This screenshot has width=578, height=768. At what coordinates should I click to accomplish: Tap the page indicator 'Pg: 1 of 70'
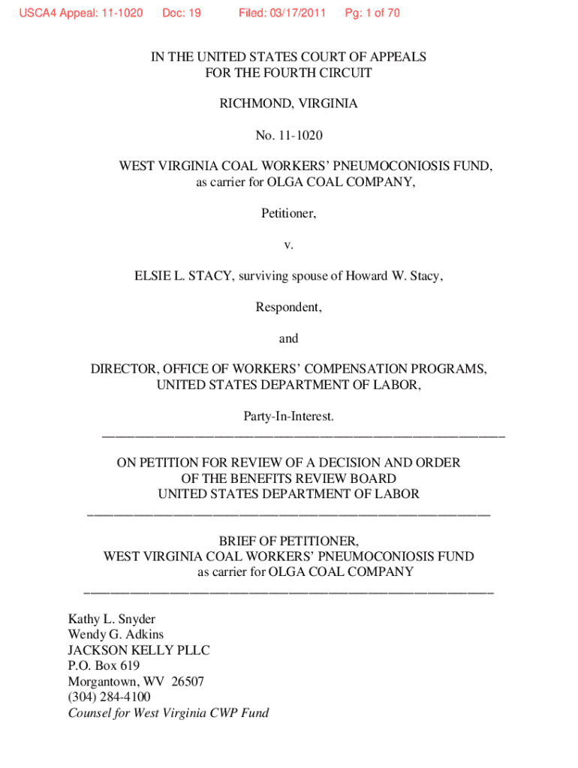pyautogui.click(x=372, y=13)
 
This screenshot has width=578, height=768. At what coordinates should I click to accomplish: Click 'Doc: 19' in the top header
pyautogui.click(x=182, y=13)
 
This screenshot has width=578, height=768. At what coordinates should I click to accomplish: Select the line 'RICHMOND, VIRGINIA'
pyautogui.click(x=288, y=103)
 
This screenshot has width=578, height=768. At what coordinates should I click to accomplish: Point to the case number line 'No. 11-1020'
pyautogui.click(x=288, y=135)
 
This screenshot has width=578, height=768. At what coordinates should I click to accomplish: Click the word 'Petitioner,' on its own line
pyautogui.click(x=288, y=214)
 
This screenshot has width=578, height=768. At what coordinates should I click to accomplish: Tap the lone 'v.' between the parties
pyautogui.click(x=288, y=245)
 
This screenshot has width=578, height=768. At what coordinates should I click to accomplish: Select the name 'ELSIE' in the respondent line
pyautogui.click(x=154, y=276)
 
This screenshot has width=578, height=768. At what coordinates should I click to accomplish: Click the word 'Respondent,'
pyautogui.click(x=288, y=307)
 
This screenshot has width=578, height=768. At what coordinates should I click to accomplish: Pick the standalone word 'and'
pyautogui.click(x=288, y=338)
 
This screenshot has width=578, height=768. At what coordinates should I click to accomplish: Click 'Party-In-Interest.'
pyautogui.click(x=288, y=415)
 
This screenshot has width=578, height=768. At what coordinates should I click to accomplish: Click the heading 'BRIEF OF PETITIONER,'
pyautogui.click(x=288, y=541)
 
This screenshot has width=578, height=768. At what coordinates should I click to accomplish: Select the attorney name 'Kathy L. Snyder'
pyautogui.click(x=112, y=619)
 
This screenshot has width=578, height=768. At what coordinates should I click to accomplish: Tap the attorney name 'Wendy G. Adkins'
pyautogui.click(x=116, y=634)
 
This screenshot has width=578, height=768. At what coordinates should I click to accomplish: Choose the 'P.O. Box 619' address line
pyautogui.click(x=104, y=666)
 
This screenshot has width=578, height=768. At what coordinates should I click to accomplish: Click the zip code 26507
pyautogui.click(x=187, y=682)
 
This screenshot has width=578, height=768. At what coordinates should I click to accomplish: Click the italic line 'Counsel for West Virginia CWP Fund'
pyautogui.click(x=168, y=713)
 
